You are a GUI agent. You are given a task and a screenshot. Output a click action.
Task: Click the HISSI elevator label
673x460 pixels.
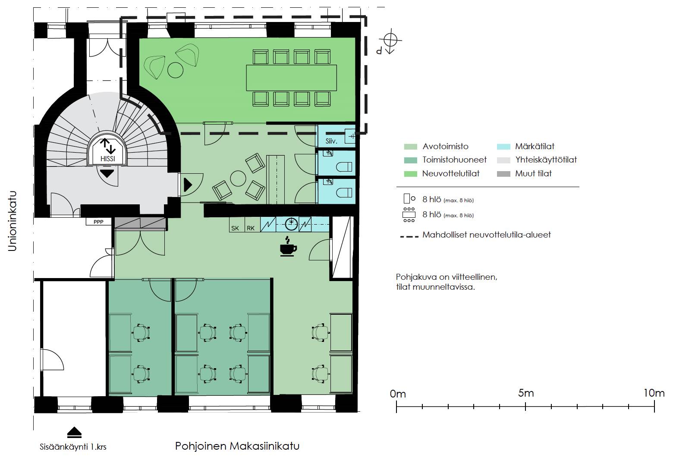click(x=107, y=159)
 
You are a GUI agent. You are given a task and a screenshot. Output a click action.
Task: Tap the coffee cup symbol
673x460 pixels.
click(x=288, y=247)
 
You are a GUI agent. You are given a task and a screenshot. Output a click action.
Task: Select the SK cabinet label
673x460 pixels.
click(x=235, y=228)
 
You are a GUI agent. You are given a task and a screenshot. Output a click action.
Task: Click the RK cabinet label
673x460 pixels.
click(x=251, y=228)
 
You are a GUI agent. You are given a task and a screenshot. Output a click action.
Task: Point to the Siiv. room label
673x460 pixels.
click(x=331, y=141)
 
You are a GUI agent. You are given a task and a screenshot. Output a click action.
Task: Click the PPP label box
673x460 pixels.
click(x=98, y=222)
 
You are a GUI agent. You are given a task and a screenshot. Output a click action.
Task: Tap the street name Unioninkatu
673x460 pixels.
click(x=13, y=221)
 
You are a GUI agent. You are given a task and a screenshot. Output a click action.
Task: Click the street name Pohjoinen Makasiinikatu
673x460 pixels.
click(x=237, y=446)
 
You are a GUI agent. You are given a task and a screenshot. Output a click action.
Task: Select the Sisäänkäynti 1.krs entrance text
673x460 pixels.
click(x=73, y=447)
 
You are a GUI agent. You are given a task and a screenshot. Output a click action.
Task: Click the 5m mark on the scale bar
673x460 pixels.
click(x=525, y=407)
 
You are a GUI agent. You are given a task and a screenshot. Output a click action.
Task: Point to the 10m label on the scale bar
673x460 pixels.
click(x=654, y=393)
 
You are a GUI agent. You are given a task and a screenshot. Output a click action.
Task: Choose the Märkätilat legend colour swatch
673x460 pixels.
click(x=503, y=147)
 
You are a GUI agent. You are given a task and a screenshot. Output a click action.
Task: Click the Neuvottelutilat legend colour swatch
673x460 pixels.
click(x=410, y=174)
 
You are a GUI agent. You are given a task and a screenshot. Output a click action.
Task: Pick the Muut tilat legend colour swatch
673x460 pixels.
click(x=503, y=174)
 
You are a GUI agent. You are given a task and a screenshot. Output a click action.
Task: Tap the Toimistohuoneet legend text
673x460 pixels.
click(x=455, y=160)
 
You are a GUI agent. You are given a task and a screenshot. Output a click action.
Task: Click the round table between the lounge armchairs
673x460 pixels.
click(x=238, y=178)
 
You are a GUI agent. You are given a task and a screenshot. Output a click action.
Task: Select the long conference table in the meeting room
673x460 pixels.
click(x=292, y=78)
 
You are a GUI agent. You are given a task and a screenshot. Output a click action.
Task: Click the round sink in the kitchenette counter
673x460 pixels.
click(x=291, y=223)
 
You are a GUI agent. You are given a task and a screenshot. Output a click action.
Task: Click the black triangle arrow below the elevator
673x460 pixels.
click(x=107, y=173)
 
